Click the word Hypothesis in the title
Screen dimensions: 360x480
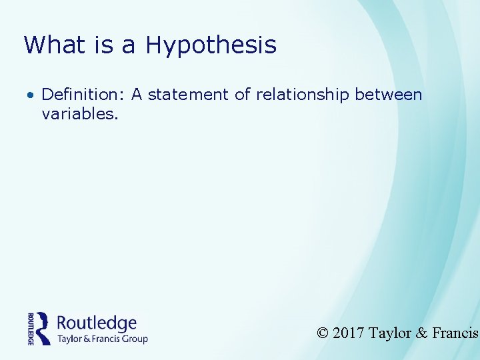(211, 45)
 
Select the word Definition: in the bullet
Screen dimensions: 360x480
(84, 95)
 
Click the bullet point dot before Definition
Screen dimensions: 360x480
(31, 95)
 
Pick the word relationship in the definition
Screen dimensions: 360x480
(294, 95)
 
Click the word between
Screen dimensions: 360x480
(389, 95)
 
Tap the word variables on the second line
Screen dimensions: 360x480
(79, 114)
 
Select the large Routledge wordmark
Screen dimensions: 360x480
(97, 323)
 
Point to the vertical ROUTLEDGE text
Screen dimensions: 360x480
(31, 328)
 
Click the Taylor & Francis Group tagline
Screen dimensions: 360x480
(102, 339)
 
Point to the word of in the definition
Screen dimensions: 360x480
(243, 95)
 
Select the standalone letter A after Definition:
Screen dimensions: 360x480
(137, 95)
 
